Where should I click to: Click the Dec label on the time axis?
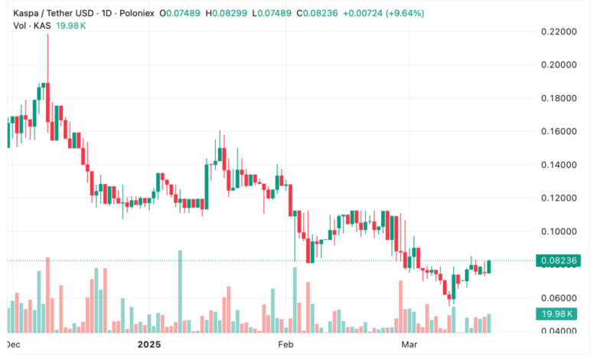[x=13, y=346]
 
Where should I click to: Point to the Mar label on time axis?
[x=410, y=346]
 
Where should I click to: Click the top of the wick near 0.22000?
[x=47, y=34]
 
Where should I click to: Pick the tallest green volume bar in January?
[x=181, y=291]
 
